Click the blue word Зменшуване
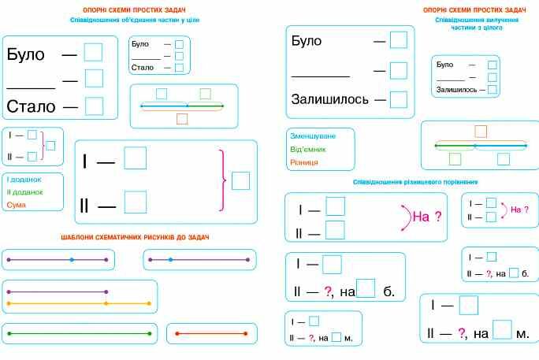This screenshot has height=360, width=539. click(x=313, y=136)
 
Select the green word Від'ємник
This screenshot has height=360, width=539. click(x=307, y=149)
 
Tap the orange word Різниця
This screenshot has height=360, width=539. click(x=304, y=162)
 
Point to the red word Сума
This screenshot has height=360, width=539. click(x=17, y=205)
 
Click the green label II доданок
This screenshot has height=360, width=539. click(x=24, y=192)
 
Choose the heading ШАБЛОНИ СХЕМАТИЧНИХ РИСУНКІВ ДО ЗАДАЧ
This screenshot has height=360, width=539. click(x=135, y=237)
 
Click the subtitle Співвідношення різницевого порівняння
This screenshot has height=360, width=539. click(x=415, y=182)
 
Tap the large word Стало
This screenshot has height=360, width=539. click(x=31, y=106)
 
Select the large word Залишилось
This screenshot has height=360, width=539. click(x=329, y=99)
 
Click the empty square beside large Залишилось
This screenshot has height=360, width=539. click(x=399, y=99)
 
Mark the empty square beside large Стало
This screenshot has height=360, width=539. click(x=95, y=106)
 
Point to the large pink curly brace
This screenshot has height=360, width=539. click(x=223, y=180)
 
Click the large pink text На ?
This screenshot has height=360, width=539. click(x=427, y=217)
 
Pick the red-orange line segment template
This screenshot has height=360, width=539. click(x=211, y=333)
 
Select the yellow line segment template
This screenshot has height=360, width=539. click(x=79, y=303)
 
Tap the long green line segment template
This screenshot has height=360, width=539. click(x=79, y=333)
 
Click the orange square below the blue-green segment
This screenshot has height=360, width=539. click(x=182, y=119)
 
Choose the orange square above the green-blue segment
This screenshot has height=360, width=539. click(x=481, y=132)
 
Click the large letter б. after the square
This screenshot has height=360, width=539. click(x=388, y=291)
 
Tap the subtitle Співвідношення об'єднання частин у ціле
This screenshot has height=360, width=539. click(x=135, y=20)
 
